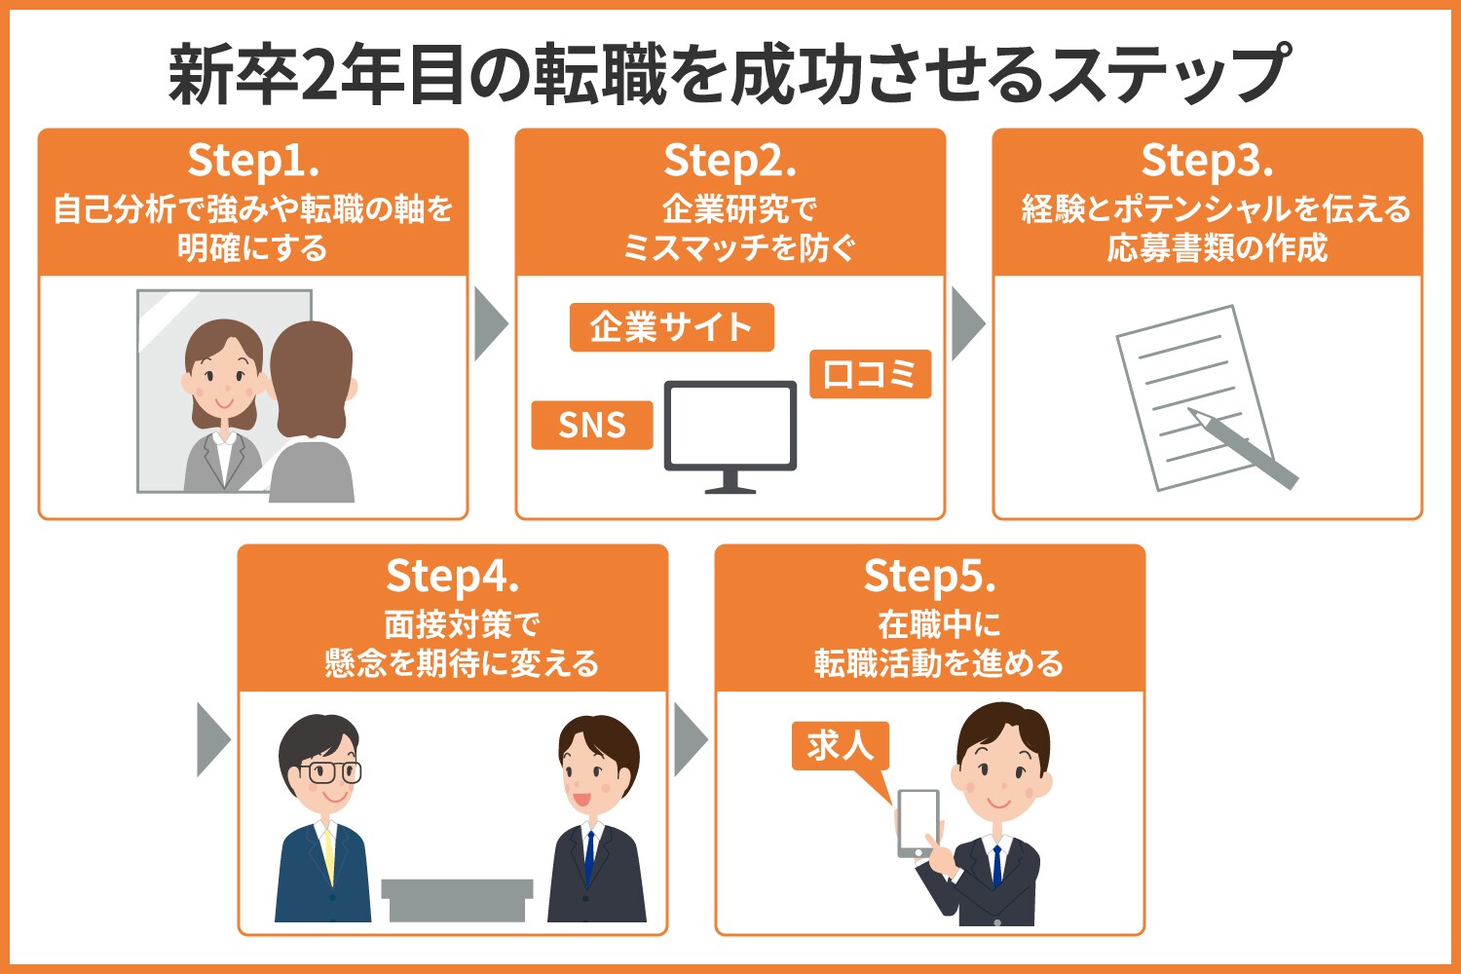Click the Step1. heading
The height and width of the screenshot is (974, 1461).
point(253,161)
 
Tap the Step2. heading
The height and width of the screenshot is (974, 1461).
point(730,161)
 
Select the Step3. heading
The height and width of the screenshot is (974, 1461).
point(1207,161)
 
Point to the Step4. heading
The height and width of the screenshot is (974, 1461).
point(452,577)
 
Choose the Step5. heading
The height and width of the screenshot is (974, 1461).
point(929,577)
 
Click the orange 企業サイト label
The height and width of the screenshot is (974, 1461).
point(671,327)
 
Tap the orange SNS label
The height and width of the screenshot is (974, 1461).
point(591,426)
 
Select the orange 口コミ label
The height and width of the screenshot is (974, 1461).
point(870,374)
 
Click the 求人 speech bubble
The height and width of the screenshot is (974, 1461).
point(840,746)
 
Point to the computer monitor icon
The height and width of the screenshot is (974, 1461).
point(730,429)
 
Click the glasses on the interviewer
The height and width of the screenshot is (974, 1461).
point(329,772)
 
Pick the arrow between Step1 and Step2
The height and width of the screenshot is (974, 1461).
point(490,323)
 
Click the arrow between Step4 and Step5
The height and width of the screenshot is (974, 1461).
point(690,739)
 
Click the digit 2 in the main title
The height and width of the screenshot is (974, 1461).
point(318,76)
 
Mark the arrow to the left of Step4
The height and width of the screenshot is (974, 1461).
point(212,739)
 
